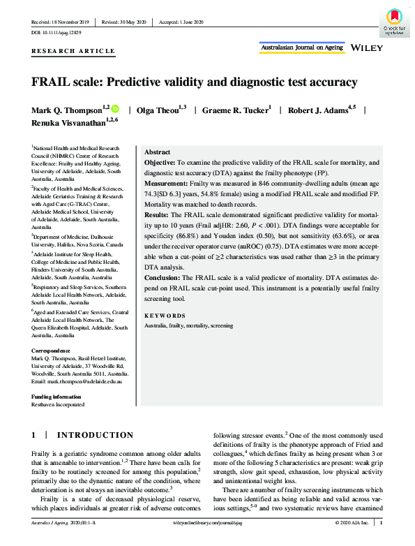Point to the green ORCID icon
[x=115, y=110]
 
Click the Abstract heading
[x=157, y=152]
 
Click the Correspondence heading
[x=51, y=350]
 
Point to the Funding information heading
[x=58, y=397]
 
